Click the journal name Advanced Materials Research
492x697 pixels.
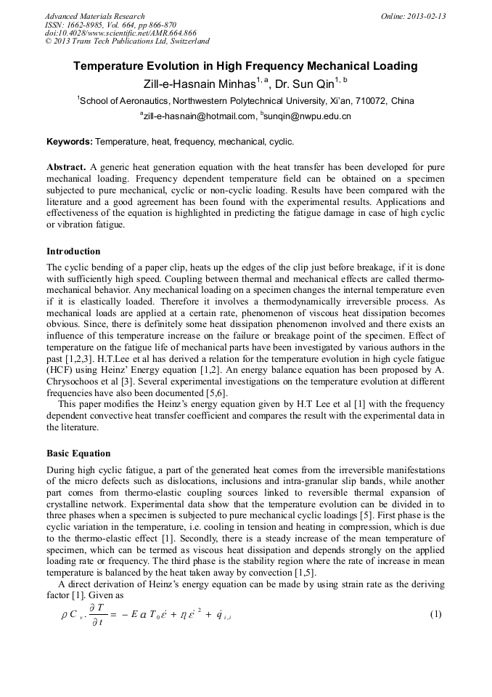pyautogui.click(x=94, y=16)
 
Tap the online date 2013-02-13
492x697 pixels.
pyautogui.click(x=425, y=16)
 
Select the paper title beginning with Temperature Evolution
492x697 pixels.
pyautogui.click(x=245, y=66)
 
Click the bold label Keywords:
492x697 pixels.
pyautogui.click(x=70, y=141)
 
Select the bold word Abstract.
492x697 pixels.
pyautogui.click(x=66, y=166)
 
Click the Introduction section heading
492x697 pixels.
pyautogui.click(x=73, y=251)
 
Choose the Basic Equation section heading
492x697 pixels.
pyautogui.click(x=78, y=453)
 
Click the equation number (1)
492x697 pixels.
pyautogui.click(x=435, y=614)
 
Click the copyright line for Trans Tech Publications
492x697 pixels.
pyautogui.click(x=127, y=41)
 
